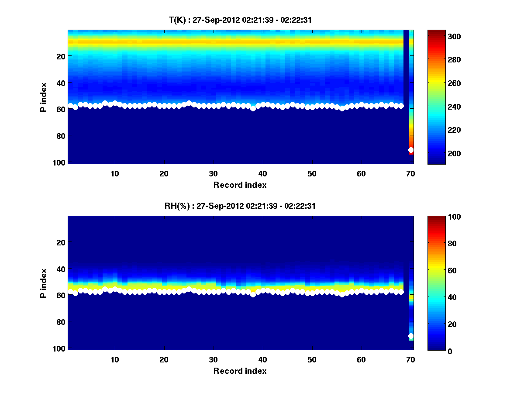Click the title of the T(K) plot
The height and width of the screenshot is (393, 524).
(240, 20)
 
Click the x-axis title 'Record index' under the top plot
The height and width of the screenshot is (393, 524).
(240, 185)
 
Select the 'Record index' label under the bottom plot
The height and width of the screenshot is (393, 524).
(240, 371)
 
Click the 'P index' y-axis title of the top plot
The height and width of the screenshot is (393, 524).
(44, 97)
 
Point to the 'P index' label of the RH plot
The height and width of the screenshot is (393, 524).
(44, 283)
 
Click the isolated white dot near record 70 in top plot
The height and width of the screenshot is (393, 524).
(411, 150)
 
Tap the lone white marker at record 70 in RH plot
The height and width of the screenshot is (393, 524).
(411, 336)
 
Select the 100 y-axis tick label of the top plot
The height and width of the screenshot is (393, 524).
(60, 163)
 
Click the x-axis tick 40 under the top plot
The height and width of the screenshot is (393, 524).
(263, 173)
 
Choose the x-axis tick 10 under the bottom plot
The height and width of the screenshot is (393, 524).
(115, 359)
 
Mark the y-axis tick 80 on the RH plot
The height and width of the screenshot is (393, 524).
(61, 322)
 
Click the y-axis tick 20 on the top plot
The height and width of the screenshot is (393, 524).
(61, 56)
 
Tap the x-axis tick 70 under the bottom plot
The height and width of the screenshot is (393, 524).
(411, 359)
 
